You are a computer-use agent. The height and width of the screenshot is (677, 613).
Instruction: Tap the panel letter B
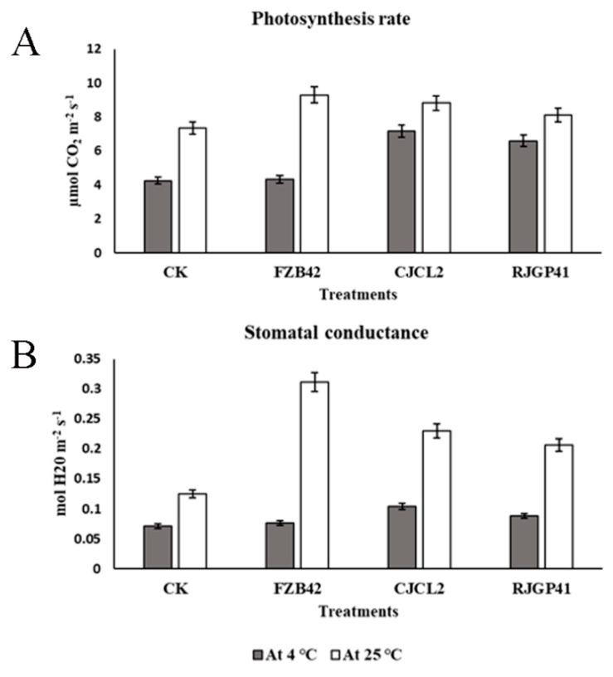coord(26,358)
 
